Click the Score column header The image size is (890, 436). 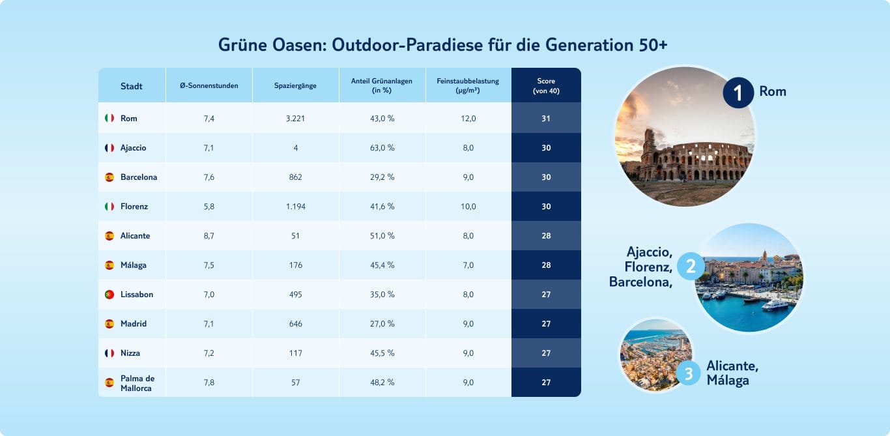[x=545, y=85]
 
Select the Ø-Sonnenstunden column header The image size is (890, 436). [x=209, y=86]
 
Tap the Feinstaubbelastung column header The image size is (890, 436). [x=468, y=85]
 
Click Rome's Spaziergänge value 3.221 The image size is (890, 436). [x=296, y=119]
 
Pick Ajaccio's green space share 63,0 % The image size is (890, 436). [x=382, y=148]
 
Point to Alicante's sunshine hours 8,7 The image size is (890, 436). [x=209, y=236]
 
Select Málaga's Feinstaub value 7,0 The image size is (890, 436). [x=468, y=265]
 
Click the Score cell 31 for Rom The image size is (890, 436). [x=546, y=119]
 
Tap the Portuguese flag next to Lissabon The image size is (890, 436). [x=109, y=295]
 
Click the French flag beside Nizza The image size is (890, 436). [x=109, y=353]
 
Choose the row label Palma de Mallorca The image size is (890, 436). [x=137, y=383]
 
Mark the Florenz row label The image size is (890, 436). [x=134, y=207]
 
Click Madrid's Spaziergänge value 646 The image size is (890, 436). [x=296, y=324]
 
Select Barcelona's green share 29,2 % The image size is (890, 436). [x=382, y=177]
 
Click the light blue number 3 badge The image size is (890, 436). [x=688, y=373]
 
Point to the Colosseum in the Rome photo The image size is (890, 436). [x=694, y=156]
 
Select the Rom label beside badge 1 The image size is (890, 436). [x=773, y=91]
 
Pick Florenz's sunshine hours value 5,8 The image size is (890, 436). [x=209, y=207]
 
